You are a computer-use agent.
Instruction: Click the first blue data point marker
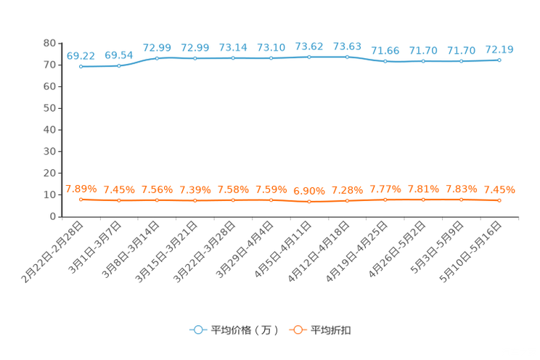pos(81,67)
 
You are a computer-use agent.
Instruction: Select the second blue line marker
pos(119,66)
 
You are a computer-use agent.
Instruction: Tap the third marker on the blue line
pos(157,58)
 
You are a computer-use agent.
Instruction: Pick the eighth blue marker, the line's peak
pos(348,57)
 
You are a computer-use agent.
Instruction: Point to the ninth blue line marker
pos(385,62)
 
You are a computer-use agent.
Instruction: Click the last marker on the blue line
pos(499,60)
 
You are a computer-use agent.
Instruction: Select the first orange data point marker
pos(81,199)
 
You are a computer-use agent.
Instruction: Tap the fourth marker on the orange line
pos(195,200)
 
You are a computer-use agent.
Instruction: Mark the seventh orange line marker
pos(309,201)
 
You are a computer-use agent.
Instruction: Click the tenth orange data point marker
pos(423,199)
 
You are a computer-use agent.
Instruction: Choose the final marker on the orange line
pos(499,200)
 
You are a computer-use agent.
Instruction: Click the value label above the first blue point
pos(81,55)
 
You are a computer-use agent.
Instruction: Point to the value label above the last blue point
pos(499,49)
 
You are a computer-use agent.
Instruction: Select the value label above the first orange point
pos(80,189)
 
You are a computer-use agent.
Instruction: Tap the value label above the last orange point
pos(499,190)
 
